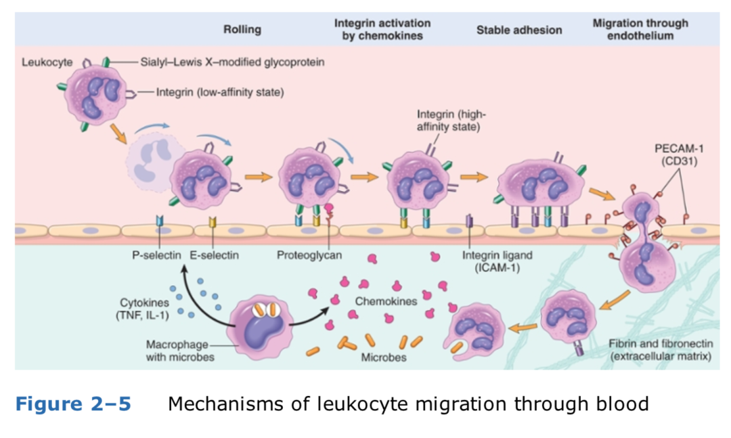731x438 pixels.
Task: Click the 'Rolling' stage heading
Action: click(x=242, y=30)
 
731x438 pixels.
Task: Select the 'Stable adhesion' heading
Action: click(x=518, y=30)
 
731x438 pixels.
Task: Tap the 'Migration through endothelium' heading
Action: click(x=640, y=29)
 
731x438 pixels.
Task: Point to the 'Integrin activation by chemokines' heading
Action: click(x=382, y=29)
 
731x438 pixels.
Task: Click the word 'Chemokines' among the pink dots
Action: click(x=385, y=301)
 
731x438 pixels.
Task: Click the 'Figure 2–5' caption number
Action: click(x=73, y=404)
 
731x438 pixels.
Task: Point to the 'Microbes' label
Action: click(x=384, y=357)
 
